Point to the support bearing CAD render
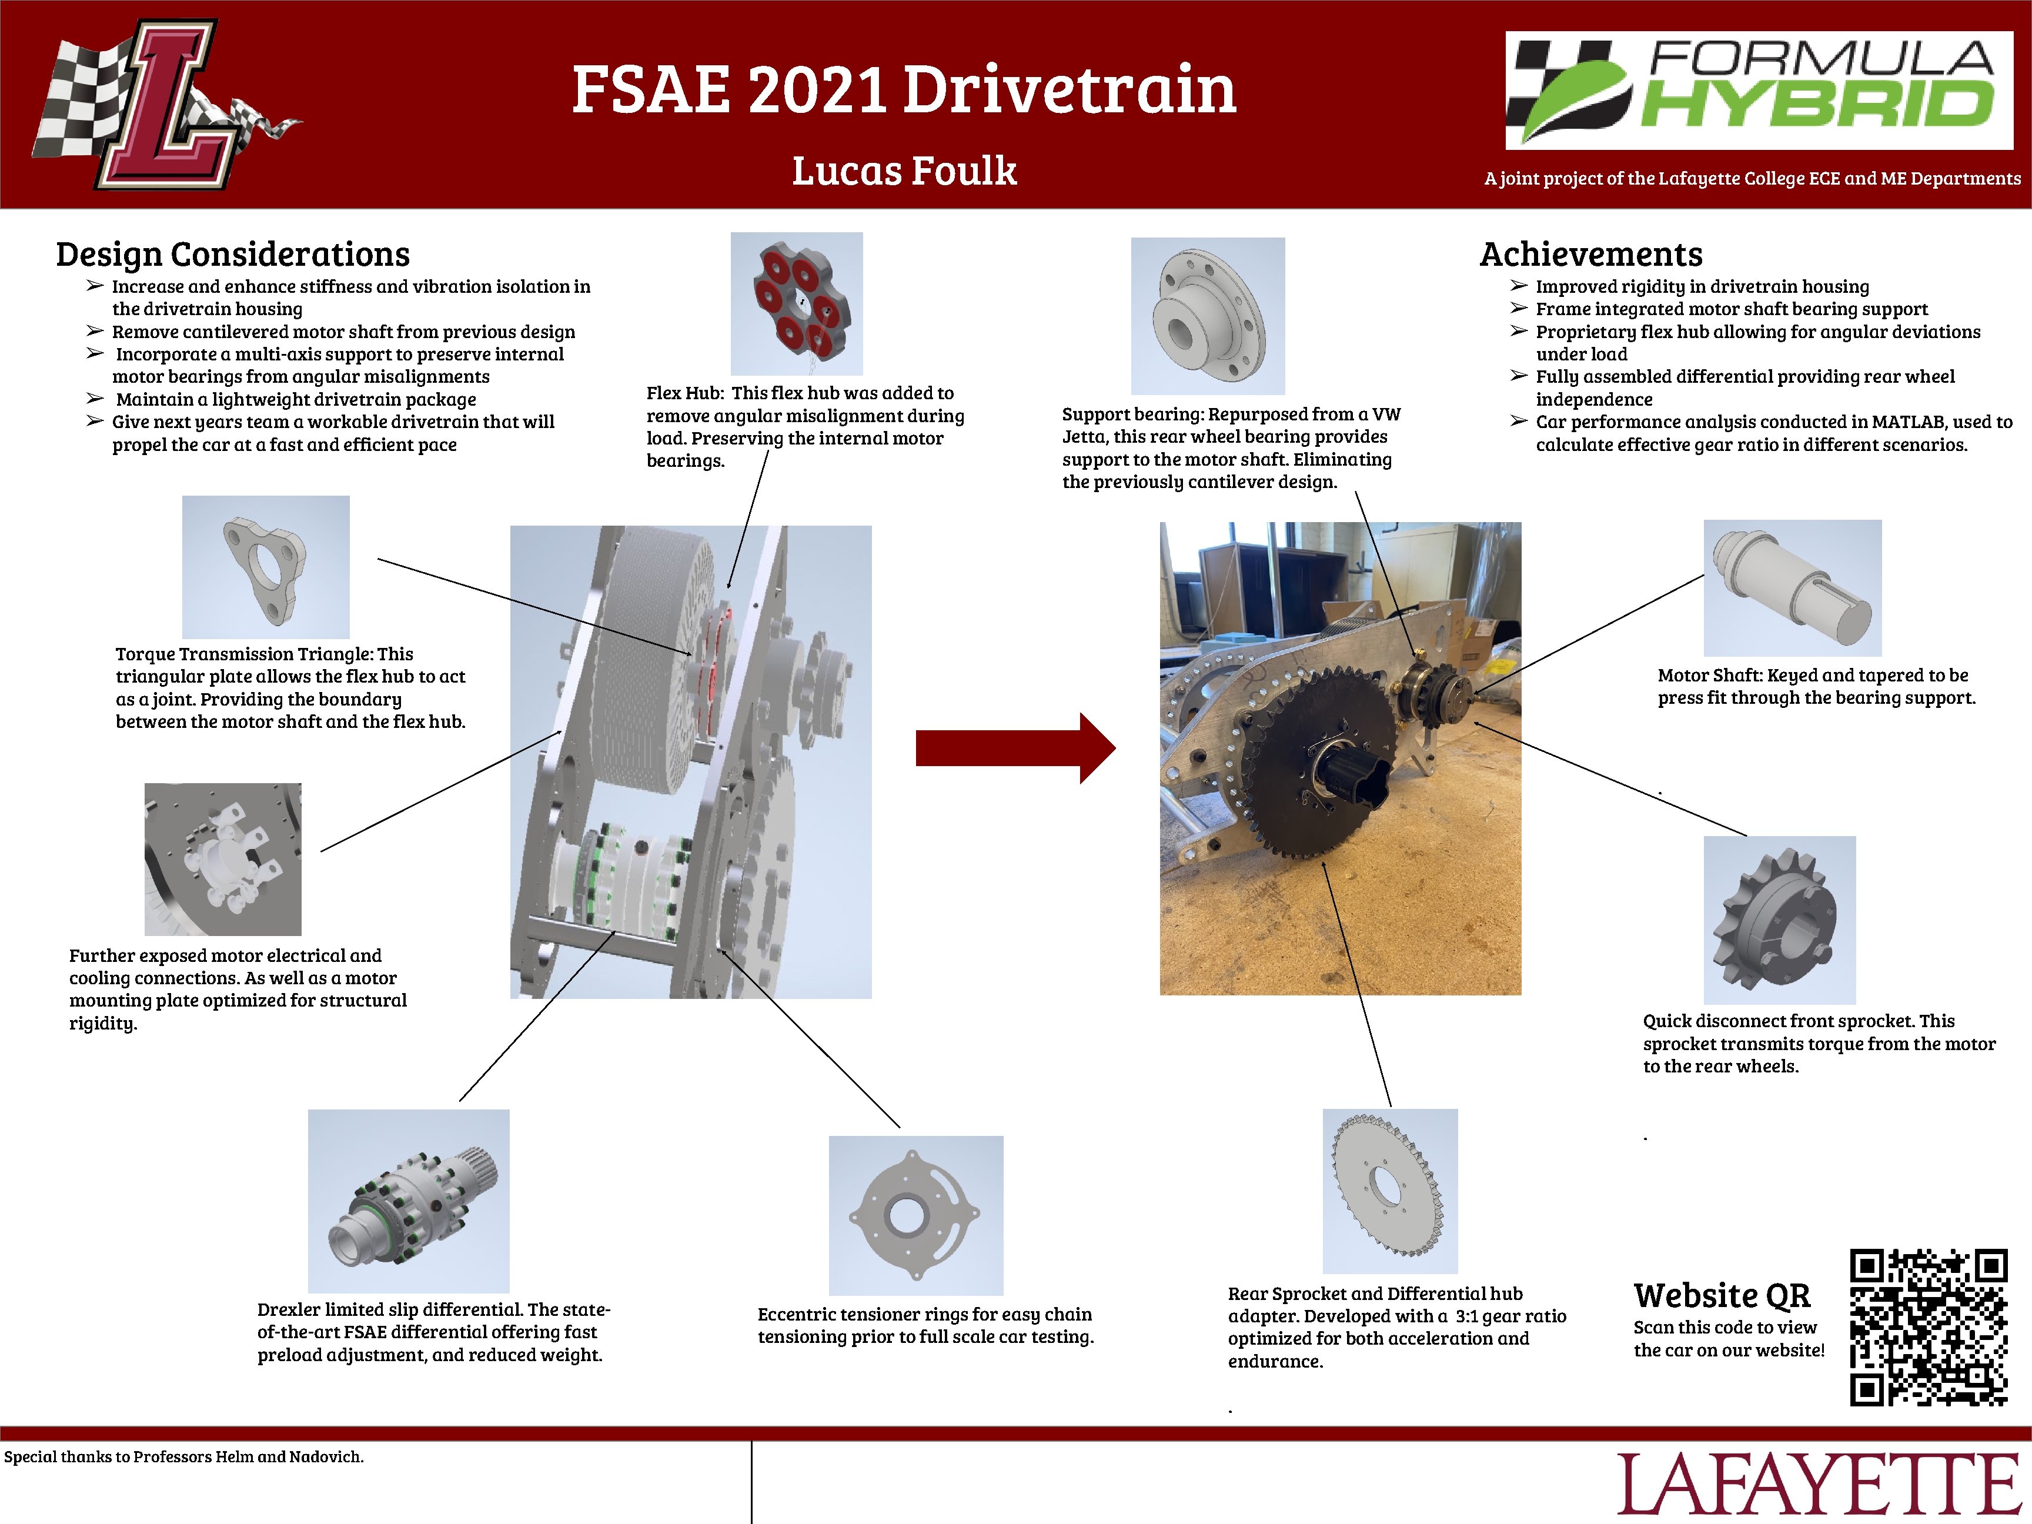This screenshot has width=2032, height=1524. tap(1207, 316)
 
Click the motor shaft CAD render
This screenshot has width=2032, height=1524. tap(1792, 588)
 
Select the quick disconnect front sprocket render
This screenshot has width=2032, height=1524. tap(1779, 918)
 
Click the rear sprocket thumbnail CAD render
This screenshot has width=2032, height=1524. tap(1389, 1191)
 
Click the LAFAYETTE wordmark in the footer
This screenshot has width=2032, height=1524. tap(1823, 1485)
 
